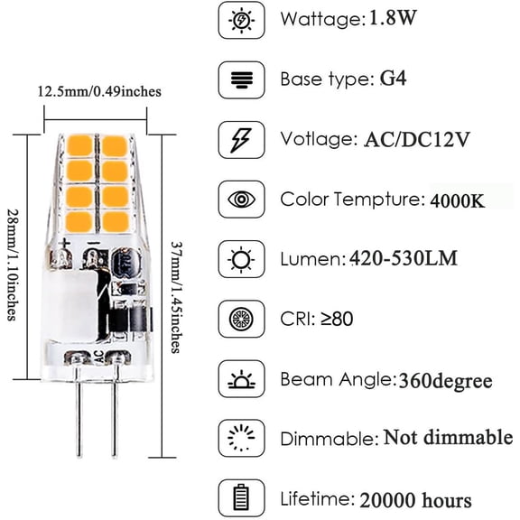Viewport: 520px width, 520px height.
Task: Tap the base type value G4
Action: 391,79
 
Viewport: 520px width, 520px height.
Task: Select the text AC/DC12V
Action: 420,139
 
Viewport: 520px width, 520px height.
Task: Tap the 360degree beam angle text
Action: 444,380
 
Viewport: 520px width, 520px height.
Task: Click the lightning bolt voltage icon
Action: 241,139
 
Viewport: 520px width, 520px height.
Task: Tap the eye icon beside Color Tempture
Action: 241,200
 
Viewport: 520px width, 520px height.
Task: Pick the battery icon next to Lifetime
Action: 241,498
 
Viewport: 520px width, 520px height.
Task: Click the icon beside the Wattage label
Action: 241,20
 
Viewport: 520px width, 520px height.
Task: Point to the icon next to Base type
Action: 241,79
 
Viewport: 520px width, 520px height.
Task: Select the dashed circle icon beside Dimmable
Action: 241,439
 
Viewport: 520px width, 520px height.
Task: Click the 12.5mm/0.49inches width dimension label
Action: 99,91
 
